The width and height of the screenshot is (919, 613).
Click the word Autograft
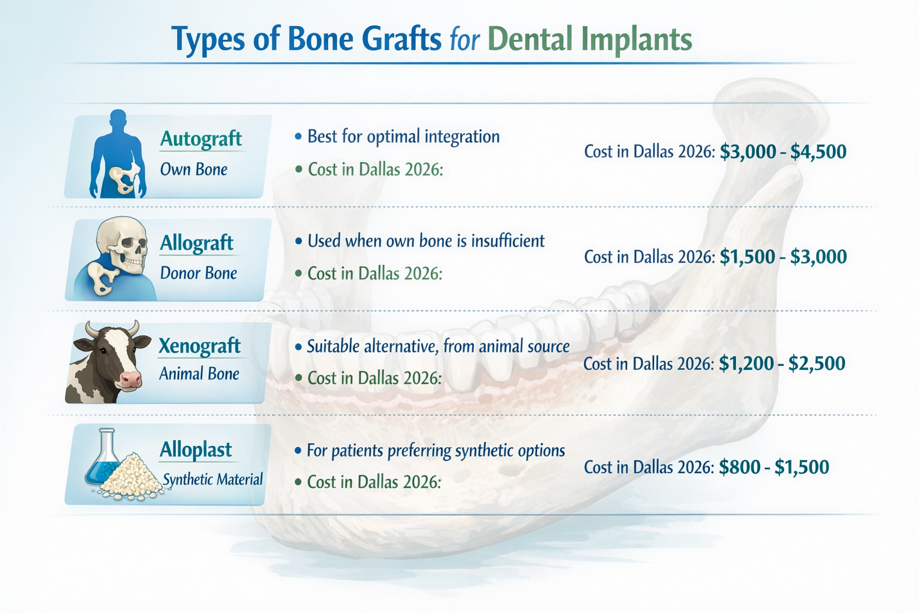pos(200,139)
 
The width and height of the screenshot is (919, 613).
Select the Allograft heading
pos(196,243)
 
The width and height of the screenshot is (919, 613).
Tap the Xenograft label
pos(199,346)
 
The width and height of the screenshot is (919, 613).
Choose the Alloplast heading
pos(196,450)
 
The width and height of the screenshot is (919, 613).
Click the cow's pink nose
pos(130,378)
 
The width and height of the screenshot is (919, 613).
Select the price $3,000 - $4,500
pos(783,151)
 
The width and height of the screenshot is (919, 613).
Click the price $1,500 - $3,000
pos(783,257)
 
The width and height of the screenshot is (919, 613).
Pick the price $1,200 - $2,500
pos(781,363)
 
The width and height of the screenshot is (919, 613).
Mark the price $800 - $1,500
pos(774,467)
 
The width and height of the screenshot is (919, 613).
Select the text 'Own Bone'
pos(193,169)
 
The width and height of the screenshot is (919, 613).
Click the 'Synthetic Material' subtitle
pos(212,480)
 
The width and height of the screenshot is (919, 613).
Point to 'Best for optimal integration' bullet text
pos(403,136)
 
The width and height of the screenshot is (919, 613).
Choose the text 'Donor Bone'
pos(198,273)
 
